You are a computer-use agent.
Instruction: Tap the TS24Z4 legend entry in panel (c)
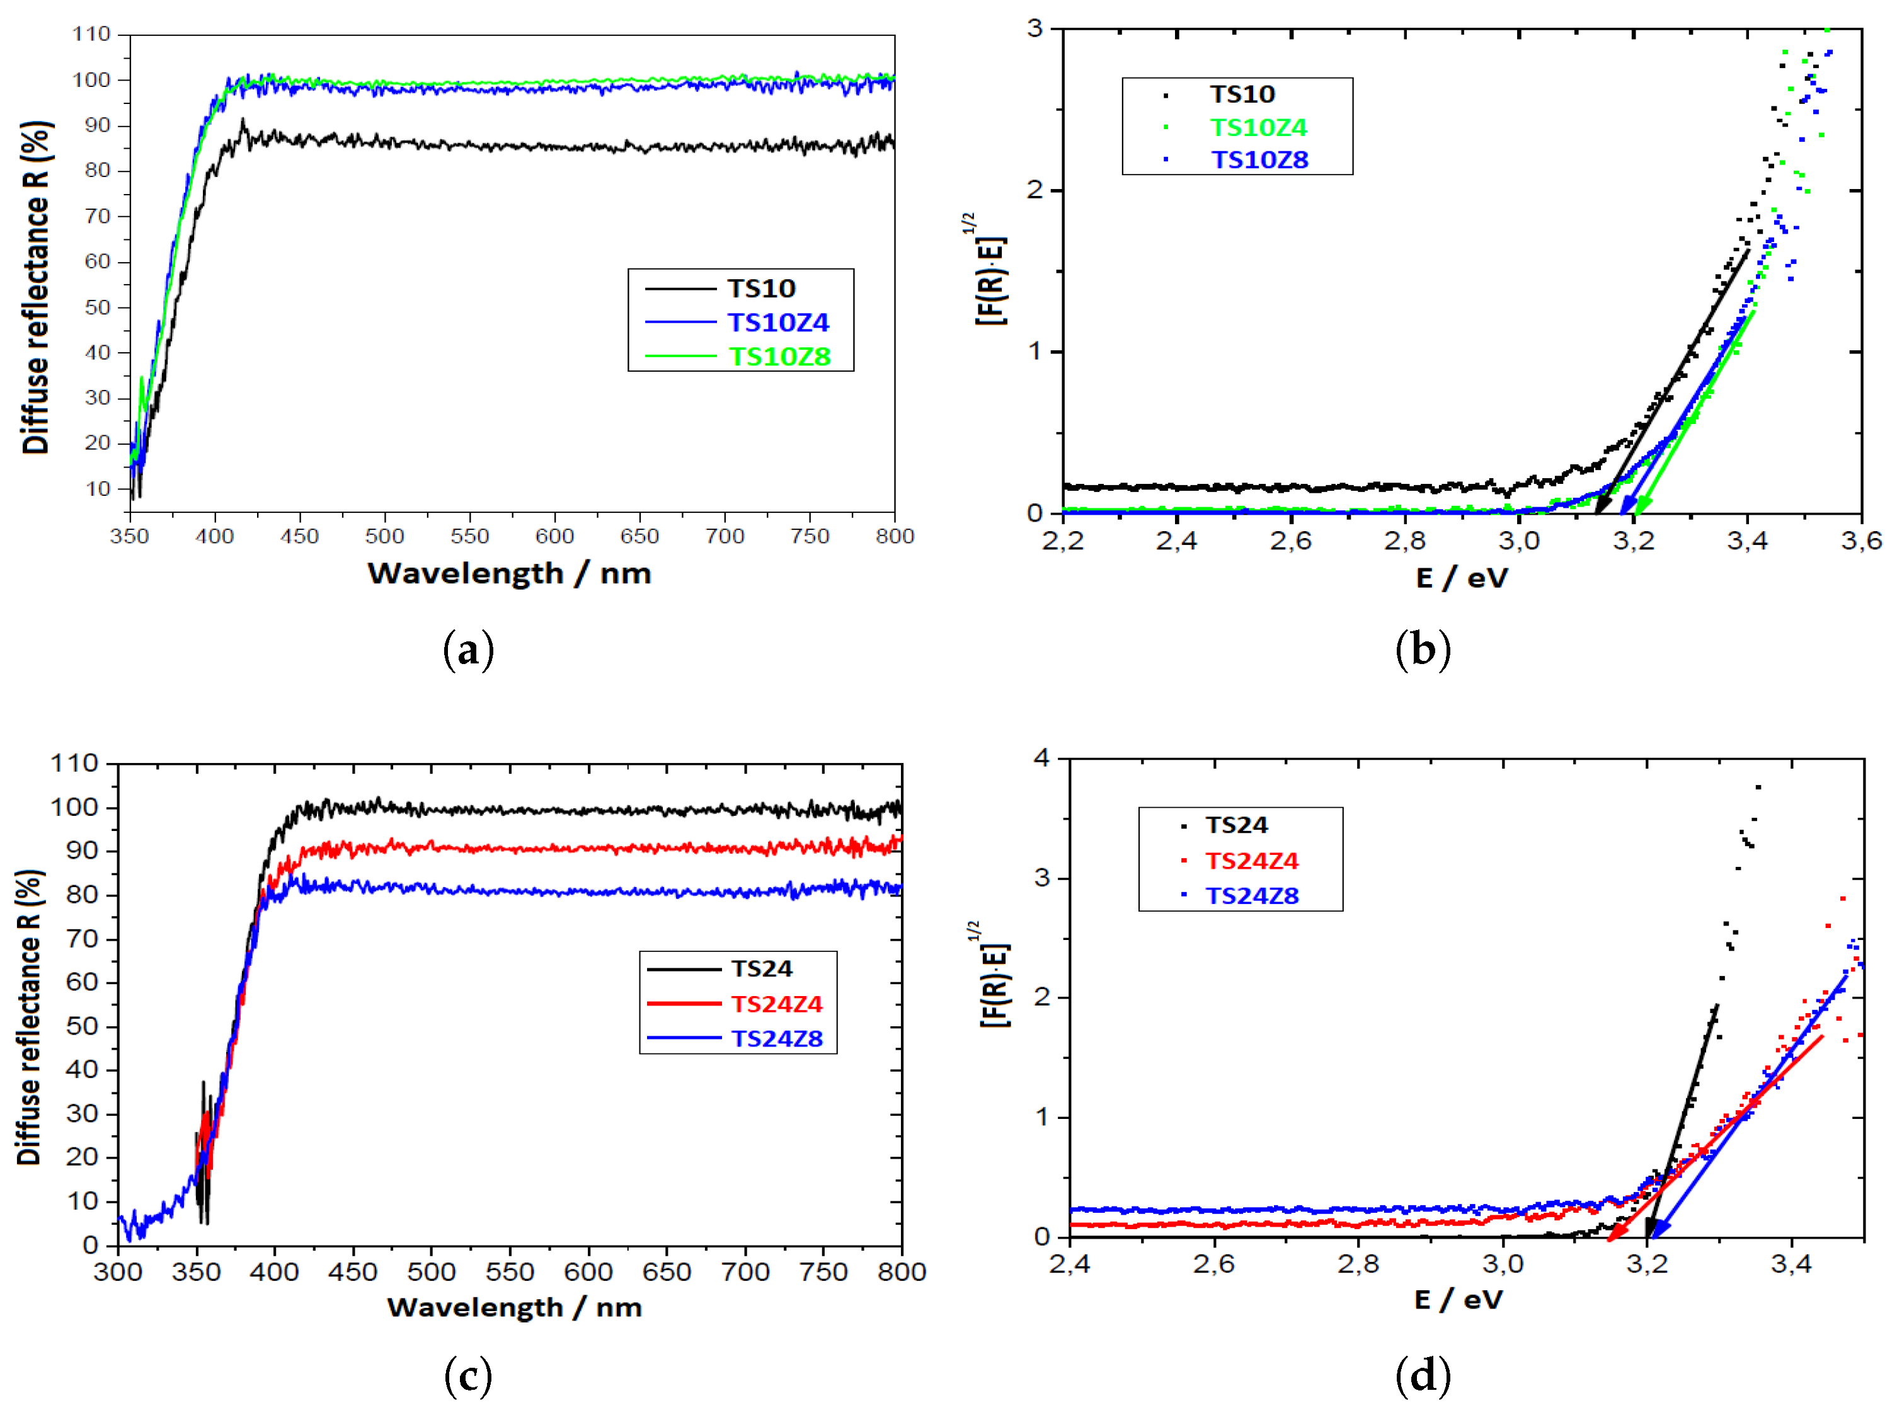776,1004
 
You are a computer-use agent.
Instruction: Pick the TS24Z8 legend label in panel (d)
1251,895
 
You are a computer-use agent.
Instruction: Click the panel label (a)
468,650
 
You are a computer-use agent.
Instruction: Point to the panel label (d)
1423,1375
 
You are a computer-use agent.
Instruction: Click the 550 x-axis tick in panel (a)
469,537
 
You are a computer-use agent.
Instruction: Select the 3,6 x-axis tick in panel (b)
1861,541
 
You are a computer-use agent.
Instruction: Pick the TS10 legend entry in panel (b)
1241,95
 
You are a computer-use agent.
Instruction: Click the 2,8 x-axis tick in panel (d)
1358,1264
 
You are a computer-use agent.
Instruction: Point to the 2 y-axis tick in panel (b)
1036,190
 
